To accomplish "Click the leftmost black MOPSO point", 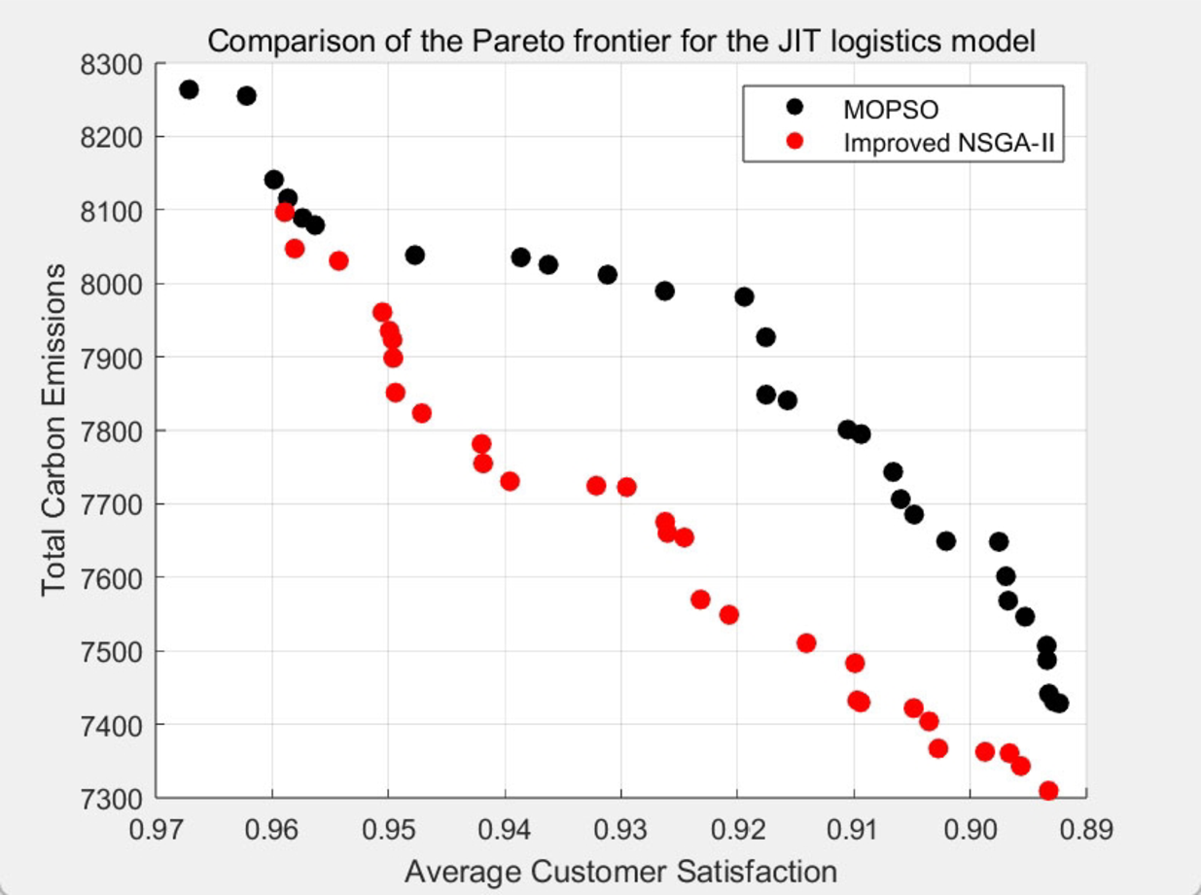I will click(189, 89).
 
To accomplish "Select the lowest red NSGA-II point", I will click(1048, 791).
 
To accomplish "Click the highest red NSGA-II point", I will click(285, 212).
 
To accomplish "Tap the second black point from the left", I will click(246, 95).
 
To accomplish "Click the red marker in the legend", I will click(795, 142).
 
